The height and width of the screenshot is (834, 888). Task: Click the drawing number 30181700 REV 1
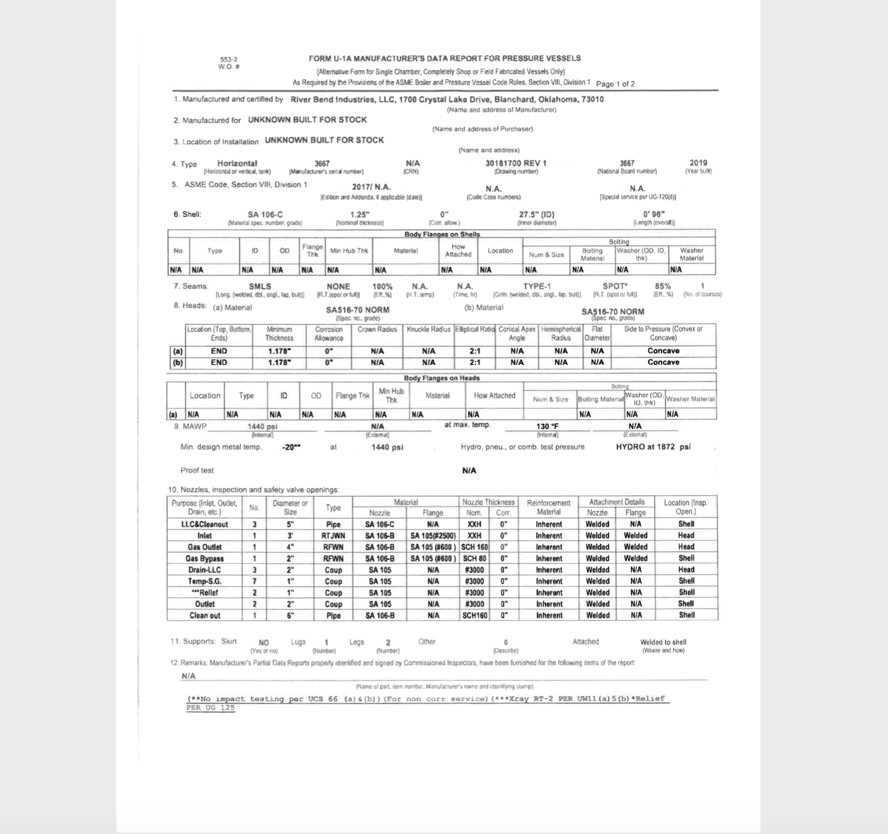[x=515, y=163]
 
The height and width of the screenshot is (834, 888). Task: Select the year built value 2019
[x=698, y=162]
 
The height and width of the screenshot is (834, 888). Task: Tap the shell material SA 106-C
[x=264, y=215]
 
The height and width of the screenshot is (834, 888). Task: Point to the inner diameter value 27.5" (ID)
[x=536, y=215]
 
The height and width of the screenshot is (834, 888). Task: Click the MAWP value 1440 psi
[x=262, y=426]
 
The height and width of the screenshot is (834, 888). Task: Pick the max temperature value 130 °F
[x=547, y=426]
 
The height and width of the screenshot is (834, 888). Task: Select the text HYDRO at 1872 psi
[x=653, y=447]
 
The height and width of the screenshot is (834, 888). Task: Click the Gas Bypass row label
[x=204, y=559]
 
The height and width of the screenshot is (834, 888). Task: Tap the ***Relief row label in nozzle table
[x=204, y=593]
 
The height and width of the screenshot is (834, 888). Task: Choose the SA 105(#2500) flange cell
[x=433, y=536]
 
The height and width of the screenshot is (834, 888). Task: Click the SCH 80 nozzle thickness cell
[x=474, y=559]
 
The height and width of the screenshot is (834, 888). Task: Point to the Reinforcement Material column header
[x=549, y=507]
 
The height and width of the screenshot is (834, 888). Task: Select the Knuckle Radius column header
[x=429, y=329]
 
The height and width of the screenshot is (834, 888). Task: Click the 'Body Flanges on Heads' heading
[x=441, y=378]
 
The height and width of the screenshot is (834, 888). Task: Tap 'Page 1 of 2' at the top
[x=615, y=84]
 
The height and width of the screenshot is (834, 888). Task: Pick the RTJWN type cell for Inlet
[x=333, y=536]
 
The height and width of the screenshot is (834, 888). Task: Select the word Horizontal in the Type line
[x=237, y=163]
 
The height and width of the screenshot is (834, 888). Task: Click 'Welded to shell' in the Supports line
[x=663, y=642]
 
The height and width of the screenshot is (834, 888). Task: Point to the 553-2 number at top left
[x=229, y=59]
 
